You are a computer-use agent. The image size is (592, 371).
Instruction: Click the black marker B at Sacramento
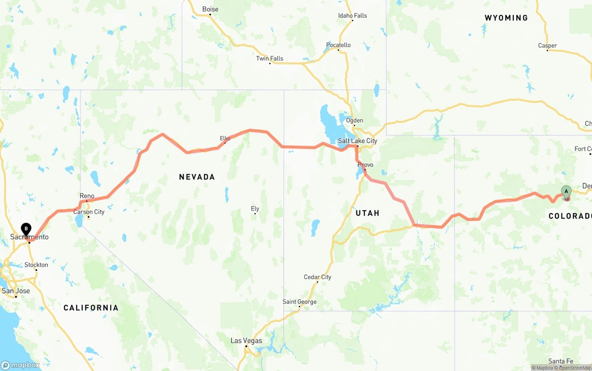coord(26,229)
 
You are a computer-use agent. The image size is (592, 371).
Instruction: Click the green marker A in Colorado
coord(566,192)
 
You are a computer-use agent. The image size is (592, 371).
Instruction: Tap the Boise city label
coord(210,9)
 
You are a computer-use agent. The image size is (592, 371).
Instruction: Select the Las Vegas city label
coord(246,341)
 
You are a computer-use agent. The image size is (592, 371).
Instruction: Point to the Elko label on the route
coord(225,138)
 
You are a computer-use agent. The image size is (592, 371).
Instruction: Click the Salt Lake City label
coord(358,141)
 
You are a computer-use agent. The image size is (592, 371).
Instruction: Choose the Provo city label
coord(365,165)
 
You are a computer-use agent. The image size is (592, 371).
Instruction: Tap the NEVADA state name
coord(197,177)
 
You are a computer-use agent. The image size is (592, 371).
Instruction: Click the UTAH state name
coord(368,213)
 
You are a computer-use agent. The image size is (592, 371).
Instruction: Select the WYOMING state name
coord(506,18)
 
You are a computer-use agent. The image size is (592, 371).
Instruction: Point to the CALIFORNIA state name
coord(91,308)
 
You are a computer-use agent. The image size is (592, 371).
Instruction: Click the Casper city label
coord(548,46)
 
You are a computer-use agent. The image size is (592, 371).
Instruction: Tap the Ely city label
coord(255,209)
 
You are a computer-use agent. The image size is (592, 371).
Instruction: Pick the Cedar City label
coord(317,277)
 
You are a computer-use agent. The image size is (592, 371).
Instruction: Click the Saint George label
coord(300,302)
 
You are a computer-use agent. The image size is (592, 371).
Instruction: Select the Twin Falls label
coord(270,59)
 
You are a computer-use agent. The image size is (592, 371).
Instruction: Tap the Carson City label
coord(89,212)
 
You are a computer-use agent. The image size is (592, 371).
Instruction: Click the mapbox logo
coord(21,365)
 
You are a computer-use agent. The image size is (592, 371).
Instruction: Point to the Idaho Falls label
coord(352,16)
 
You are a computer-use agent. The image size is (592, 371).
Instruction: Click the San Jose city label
coord(16,291)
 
